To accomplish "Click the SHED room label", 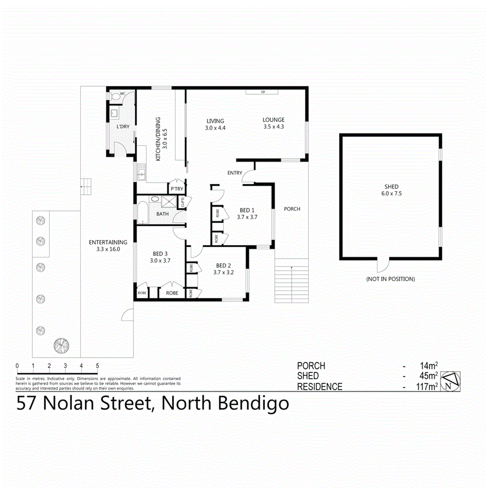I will (391, 186).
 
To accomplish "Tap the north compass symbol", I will (450, 381).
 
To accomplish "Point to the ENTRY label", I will (235, 173).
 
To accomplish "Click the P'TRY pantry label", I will (175, 189).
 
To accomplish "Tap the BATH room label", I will (162, 214).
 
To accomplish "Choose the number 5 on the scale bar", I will (97, 365).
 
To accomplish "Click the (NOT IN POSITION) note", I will (390, 279).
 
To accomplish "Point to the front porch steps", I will (292, 283).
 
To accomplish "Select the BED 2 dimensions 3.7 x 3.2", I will (224, 272).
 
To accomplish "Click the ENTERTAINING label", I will (108, 242).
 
